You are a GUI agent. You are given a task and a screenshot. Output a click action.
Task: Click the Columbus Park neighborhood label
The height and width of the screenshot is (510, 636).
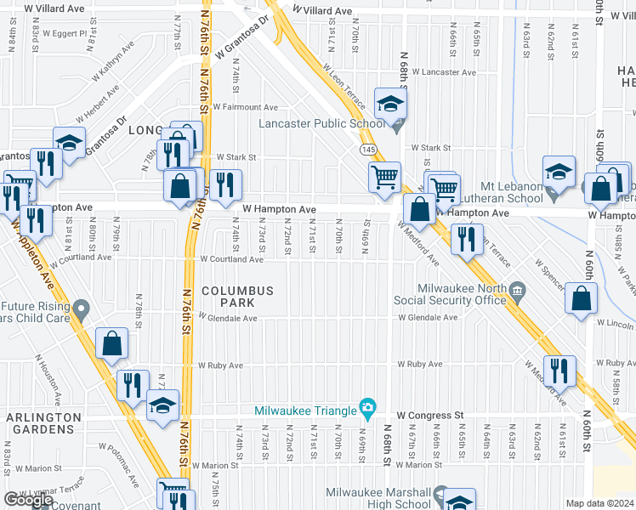(x=237, y=297)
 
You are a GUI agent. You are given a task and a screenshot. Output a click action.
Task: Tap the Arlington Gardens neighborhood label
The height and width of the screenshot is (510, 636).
(x=44, y=424)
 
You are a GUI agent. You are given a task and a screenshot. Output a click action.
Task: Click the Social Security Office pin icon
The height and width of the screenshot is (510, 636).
(x=517, y=294)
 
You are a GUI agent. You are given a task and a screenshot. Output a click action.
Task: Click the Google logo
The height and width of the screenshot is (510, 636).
(x=28, y=500)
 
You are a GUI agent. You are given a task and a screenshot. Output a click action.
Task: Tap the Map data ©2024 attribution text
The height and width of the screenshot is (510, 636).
(x=599, y=503)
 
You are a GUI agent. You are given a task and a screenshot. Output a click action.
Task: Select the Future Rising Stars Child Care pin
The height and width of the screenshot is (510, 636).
(x=81, y=307)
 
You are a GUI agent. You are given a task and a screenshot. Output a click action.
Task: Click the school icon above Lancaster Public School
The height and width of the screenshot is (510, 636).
(x=390, y=105)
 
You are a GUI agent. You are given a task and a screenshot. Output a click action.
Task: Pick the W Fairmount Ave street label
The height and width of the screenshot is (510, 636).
(x=246, y=107)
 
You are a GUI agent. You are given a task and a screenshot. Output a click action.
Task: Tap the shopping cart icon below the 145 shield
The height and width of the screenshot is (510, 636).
(x=384, y=178)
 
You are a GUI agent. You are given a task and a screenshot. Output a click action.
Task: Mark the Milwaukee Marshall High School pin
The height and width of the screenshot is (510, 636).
(x=440, y=494)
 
